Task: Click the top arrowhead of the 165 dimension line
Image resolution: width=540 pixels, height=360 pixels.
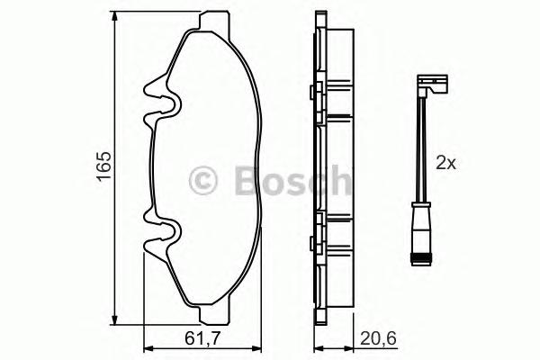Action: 115,18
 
